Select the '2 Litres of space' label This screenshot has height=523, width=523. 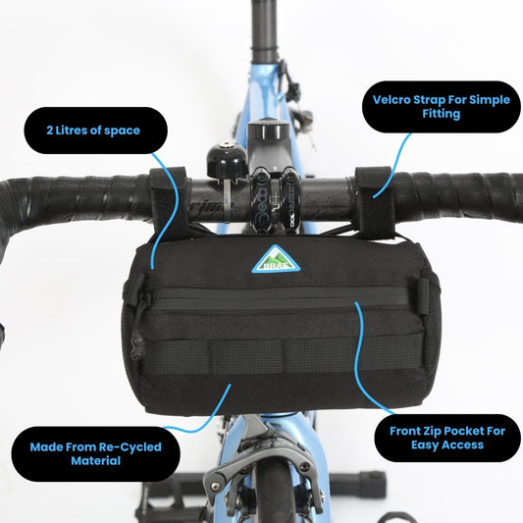(93, 131)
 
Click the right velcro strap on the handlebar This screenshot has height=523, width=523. (375, 203)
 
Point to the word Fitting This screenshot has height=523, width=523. (442, 114)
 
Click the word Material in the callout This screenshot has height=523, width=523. (95, 461)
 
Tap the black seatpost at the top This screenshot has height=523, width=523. (264, 30)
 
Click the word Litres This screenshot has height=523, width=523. (71, 131)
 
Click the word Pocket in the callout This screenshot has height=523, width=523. (461, 431)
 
